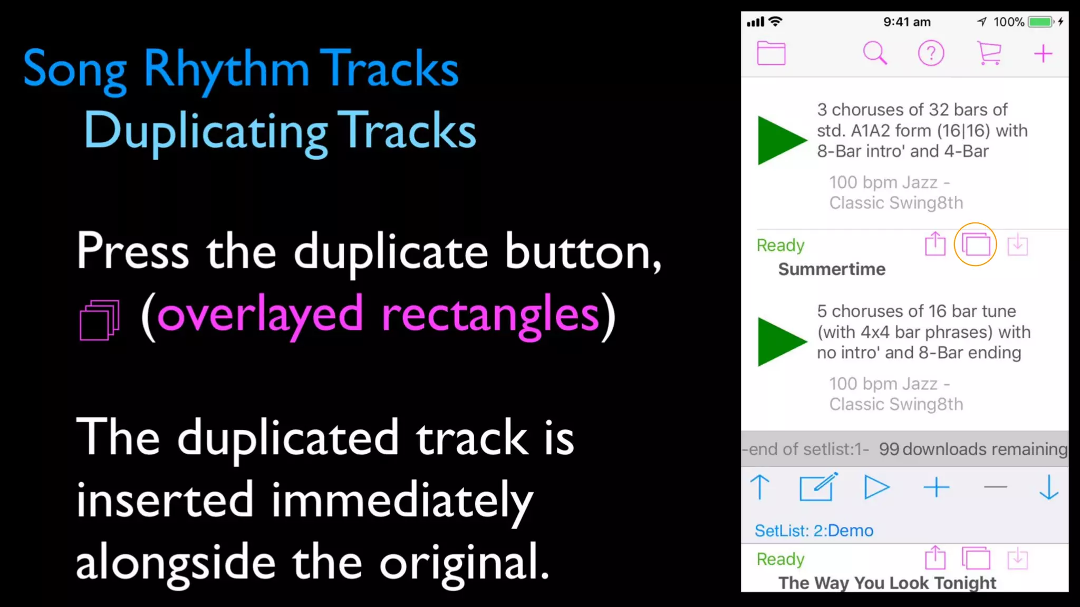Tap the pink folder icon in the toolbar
point(771,53)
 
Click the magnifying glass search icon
point(874,53)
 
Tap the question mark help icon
point(931,53)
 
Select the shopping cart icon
point(989,53)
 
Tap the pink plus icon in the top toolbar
point(1043,54)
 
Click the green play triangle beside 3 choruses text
point(779,140)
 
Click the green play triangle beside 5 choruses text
point(779,341)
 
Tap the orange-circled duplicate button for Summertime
point(975,244)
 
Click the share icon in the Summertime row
point(935,244)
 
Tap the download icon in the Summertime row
point(1017,245)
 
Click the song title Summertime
point(832,269)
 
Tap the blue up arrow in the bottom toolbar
point(760,487)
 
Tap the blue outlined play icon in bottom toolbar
point(876,487)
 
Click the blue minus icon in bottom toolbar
point(995,487)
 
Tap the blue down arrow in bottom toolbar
point(1048,487)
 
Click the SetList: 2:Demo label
point(814,531)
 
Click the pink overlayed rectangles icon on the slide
point(99,320)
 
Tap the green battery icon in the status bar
point(1040,22)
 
